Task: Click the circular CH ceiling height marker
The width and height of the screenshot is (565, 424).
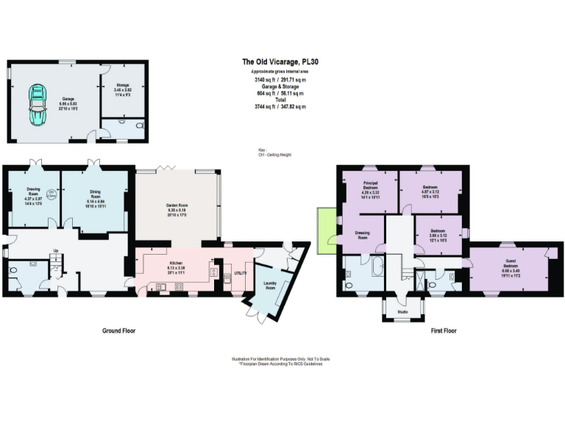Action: click(51, 195)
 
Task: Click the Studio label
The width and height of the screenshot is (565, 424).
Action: click(402, 311)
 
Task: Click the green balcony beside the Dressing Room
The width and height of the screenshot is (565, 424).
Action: click(324, 225)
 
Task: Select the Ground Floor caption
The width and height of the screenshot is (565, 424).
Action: click(118, 331)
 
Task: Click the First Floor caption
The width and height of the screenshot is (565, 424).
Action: click(443, 331)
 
